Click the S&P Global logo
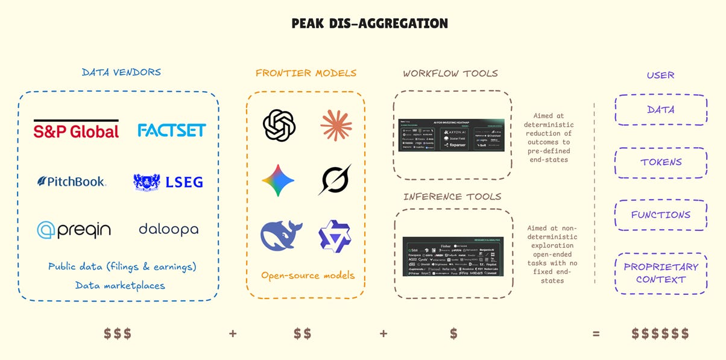click(76, 129)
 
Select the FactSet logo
click(171, 130)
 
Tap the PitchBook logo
click(71, 181)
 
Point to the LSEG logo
click(168, 182)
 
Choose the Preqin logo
click(74, 229)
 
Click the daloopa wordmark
click(168, 229)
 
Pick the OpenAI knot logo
click(279, 125)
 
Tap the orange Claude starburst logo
click(336, 125)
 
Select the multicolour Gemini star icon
click(278, 180)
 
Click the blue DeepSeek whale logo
click(281, 235)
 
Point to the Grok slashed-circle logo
click(335, 180)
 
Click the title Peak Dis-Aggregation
click(370, 24)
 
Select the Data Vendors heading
click(121, 72)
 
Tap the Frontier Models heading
click(306, 73)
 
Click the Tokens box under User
click(660, 162)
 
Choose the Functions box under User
click(660, 215)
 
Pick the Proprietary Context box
click(660, 273)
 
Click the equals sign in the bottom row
click(596, 333)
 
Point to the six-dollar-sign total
click(660, 333)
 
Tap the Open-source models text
click(308, 276)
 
